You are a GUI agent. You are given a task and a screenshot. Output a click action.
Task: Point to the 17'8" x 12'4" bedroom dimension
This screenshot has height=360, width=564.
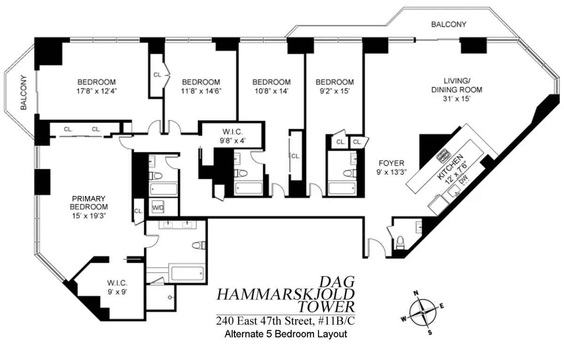[x=97, y=91]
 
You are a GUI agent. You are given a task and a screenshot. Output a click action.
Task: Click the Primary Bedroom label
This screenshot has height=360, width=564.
[x=89, y=203]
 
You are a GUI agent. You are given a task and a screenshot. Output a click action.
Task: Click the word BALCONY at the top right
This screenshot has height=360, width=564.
[x=449, y=24]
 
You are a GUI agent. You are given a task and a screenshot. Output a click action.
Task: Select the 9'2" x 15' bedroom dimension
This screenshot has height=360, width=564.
[x=335, y=91]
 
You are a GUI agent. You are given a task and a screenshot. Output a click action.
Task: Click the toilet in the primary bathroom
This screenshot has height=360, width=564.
[x=199, y=245]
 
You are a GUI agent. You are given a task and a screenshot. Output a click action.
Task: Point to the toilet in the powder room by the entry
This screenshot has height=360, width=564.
[x=400, y=243]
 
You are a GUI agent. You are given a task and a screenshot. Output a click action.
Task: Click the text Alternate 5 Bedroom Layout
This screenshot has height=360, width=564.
[x=286, y=335]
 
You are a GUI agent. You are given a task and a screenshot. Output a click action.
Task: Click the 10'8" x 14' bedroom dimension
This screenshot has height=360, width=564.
[x=271, y=91]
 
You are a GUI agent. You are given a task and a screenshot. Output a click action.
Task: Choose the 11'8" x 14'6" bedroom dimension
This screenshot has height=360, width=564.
[x=201, y=91]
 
